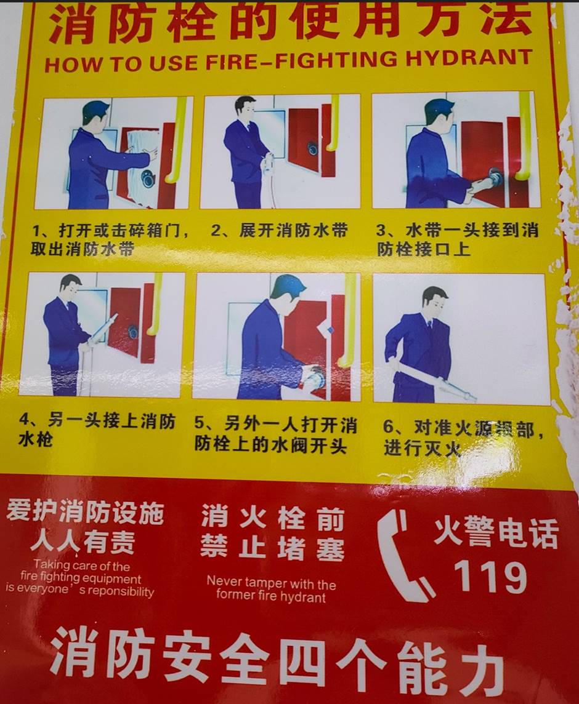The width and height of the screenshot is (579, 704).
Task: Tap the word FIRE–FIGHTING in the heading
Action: click(x=302, y=60)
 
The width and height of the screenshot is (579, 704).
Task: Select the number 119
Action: click(x=490, y=577)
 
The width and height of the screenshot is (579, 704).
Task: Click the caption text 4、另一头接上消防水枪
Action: click(x=97, y=430)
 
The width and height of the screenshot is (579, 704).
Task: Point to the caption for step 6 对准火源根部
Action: click(x=463, y=438)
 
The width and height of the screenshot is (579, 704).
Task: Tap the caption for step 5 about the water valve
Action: click(x=275, y=434)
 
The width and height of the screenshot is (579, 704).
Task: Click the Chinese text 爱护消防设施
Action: click(x=85, y=512)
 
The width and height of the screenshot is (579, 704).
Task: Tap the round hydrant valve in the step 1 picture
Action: click(x=147, y=179)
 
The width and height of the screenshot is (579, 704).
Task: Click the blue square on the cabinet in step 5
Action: click(x=331, y=330)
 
